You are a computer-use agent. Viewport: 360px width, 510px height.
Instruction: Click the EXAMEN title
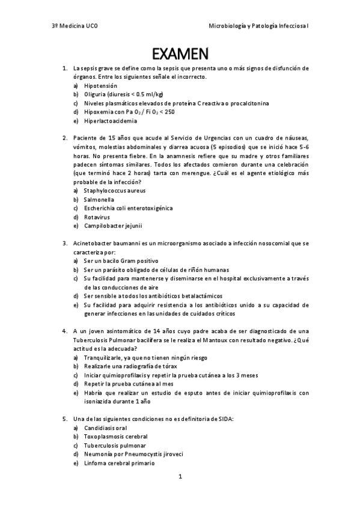pos(180,55)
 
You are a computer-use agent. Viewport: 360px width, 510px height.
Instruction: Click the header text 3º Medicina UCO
pos(74,27)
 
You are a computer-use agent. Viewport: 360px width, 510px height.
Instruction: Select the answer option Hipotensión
pos(100,86)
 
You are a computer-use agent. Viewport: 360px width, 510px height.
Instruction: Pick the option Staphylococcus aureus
pos(115,191)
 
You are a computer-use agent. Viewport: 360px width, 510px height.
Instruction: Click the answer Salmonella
pos(99,199)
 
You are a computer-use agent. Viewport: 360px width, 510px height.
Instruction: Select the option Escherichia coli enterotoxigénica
pos(128,208)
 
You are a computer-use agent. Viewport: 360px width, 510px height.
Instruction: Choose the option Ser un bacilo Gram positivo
pos(121,261)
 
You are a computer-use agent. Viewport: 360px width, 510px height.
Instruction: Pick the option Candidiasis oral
pos(105,428)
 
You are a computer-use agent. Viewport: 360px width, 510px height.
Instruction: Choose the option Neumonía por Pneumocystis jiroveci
pos(133,454)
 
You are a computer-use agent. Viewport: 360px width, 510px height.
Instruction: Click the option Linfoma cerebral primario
pos(119,463)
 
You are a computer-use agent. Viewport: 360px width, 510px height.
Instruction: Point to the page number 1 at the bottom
pos(180,477)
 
